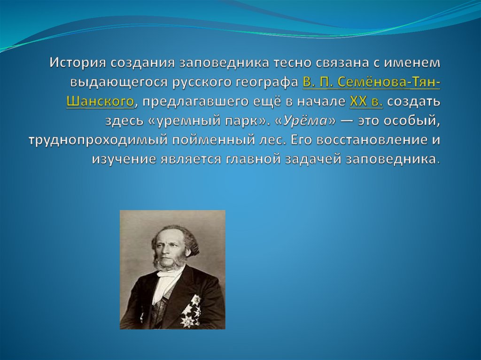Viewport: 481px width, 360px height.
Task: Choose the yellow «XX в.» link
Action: click(366, 101)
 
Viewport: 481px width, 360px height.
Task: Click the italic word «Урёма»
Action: click(305, 121)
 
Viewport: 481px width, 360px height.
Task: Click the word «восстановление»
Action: click(372, 140)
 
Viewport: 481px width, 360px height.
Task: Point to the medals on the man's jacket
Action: click(191, 310)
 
